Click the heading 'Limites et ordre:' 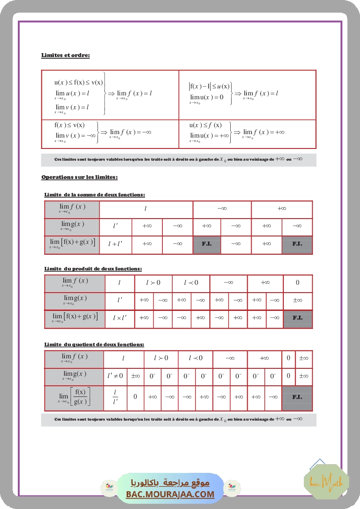click(x=65, y=55)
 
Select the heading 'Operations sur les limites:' click(x=79, y=177)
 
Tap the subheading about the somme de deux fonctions click(x=94, y=195)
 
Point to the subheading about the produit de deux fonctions click(x=93, y=269)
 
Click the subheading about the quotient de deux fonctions click(x=94, y=344)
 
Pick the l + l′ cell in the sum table click(x=115, y=244)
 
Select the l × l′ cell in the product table click(x=120, y=318)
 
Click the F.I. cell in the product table click(x=298, y=318)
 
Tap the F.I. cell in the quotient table click(x=297, y=398)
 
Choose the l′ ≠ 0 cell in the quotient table click(x=115, y=376)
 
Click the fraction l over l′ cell click(x=115, y=397)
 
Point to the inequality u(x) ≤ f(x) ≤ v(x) click(x=79, y=82)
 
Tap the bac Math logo click(x=320, y=482)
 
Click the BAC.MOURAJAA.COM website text click(x=170, y=494)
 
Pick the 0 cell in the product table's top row click(x=298, y=283)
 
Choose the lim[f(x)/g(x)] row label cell click(x=74, y=398)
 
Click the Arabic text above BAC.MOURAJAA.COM click(x=170, y=483)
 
